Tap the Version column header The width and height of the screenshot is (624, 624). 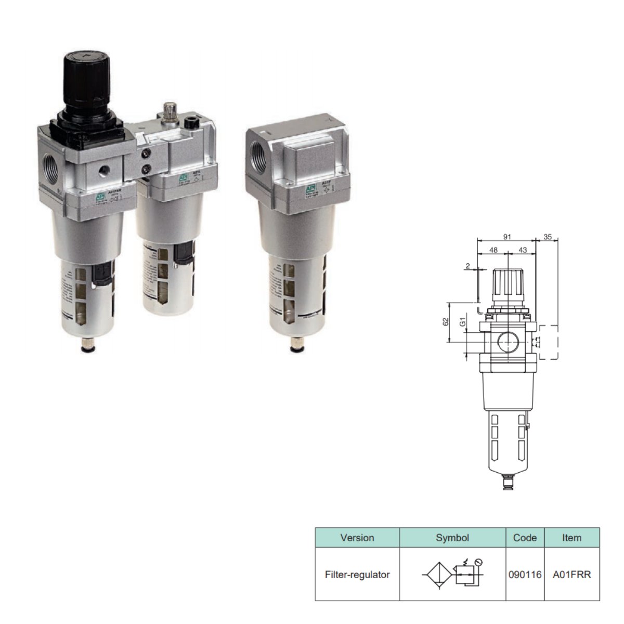point(357,538)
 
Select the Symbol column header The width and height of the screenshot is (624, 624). point(452,538)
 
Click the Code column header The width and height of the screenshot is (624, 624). point(525,538)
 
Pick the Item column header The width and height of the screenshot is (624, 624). point(571,538)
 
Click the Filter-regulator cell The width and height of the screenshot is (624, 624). point(357,575)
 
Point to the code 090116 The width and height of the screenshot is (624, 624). point(525,575)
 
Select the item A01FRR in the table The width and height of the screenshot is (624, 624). point(571,575)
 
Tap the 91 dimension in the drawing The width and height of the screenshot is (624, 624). point(507,237)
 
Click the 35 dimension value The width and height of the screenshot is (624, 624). point(548,237)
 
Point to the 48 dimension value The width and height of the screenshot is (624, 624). point(493,250)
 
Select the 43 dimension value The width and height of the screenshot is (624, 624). point(523,250)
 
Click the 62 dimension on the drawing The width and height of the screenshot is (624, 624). point(446,322)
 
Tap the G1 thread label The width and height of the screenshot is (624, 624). point(463,322)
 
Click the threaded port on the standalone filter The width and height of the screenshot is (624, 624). point(258,152)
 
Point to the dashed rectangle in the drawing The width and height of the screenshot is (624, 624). point(549,342)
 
